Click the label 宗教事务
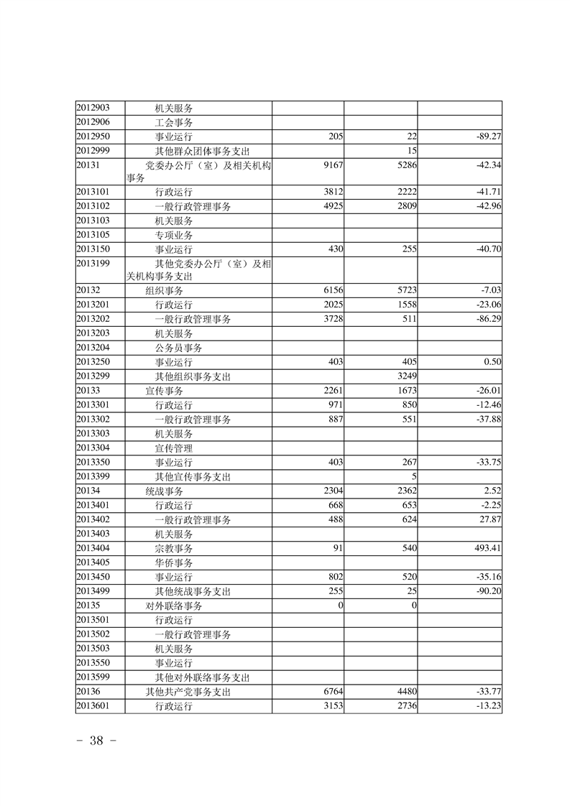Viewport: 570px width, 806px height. tap(174, 548)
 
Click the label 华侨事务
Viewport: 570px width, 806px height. tap(174, 562)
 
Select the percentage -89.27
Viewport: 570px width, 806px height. tap(485, 136)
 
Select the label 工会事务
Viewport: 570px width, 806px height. tap(174, 122)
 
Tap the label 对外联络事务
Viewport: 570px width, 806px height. tap(174, 606)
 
